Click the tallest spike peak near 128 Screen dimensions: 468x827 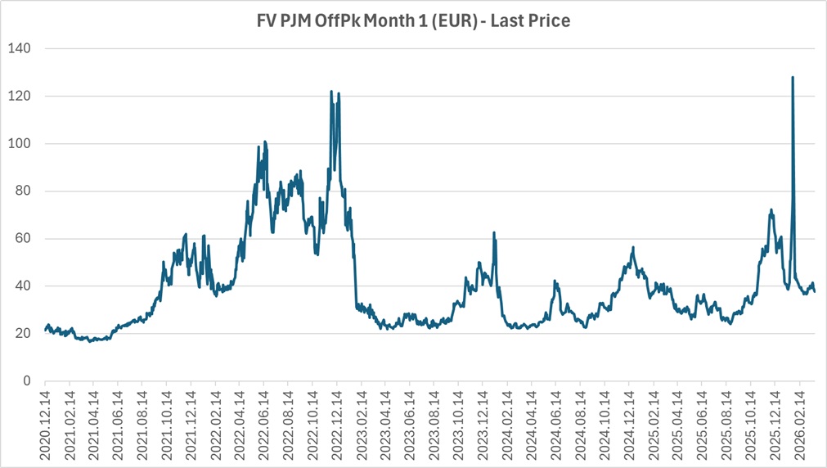[x=793, y=78]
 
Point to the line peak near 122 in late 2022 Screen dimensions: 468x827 [x=331, y=92]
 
